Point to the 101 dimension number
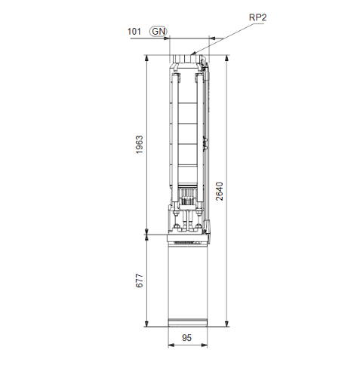click(134, 31)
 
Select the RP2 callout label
click(258, 16)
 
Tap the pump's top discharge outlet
click(186, 59)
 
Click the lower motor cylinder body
click(186, 283)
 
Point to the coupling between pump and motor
click(186, 219)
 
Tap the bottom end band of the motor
click(186, 323)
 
